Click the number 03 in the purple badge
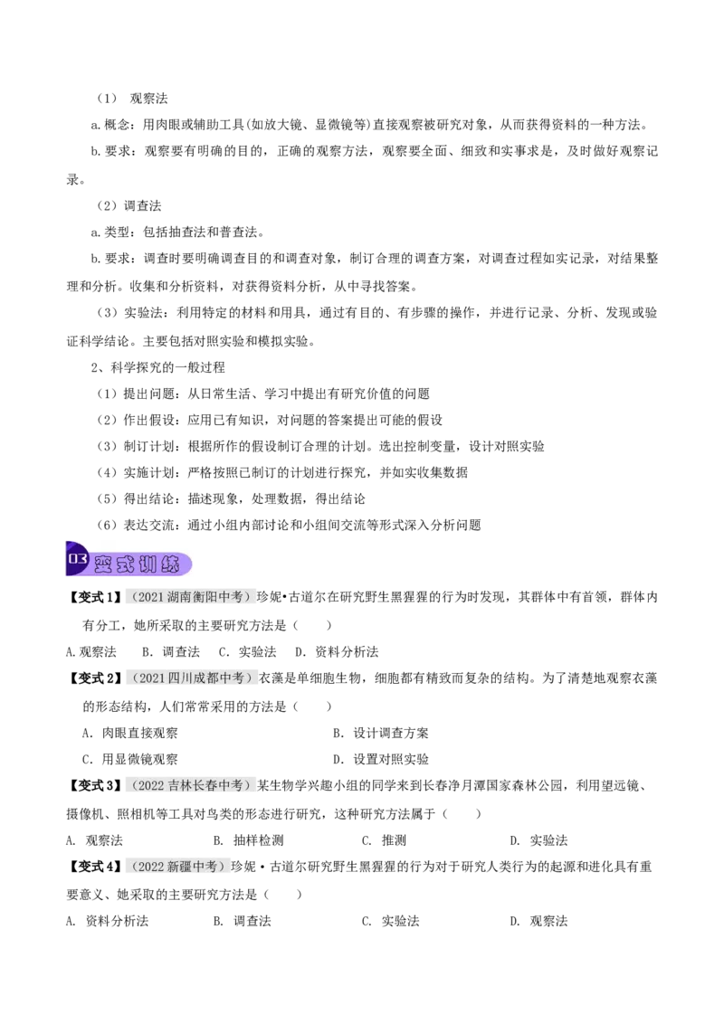[x=77, y=559]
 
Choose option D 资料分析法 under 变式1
[x=337, y=651]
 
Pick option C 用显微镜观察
[x=130, y=759]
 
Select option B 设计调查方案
[x=381, y=733]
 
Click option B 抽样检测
[x=249, y=839]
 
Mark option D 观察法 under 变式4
[x=539, y=921]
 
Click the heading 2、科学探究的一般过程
[x=157, y=367]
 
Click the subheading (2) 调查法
[x=129, y=205]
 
